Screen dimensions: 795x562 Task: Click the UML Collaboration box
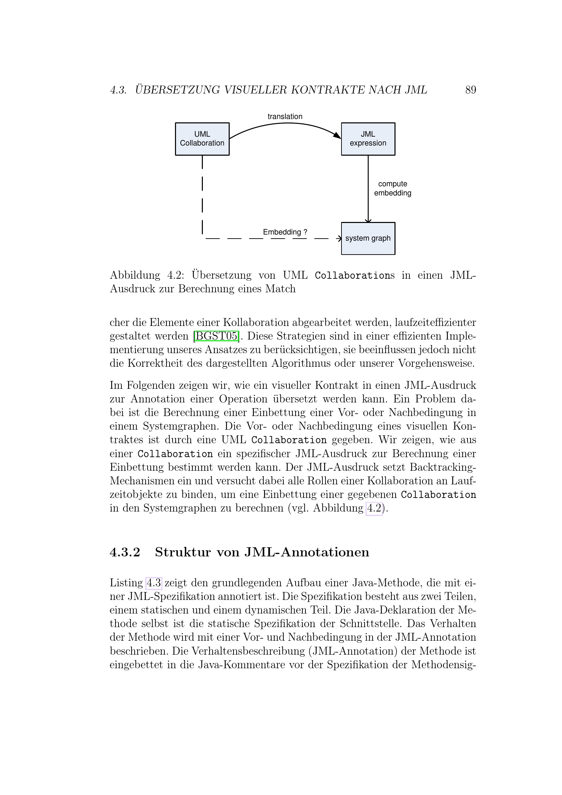point(202,139)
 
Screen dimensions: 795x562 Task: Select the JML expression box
point(368,139)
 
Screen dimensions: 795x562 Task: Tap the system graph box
point(368,238)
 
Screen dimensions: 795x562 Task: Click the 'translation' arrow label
point(285,117)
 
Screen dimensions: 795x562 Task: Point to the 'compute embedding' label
point(392,189)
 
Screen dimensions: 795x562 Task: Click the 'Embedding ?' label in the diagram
point(285,232)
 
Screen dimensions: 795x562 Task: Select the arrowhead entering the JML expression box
point(337,135)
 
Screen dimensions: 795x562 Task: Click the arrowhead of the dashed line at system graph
point(339,239)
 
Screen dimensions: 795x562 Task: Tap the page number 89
point(471,90)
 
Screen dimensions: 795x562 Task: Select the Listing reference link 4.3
point(154,583)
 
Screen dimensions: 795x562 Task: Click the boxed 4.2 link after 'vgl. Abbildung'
point(374,508)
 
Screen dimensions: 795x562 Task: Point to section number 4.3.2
point(125,552)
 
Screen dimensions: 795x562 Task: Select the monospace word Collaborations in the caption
point(354,276)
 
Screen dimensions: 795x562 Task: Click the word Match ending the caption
point(280,289)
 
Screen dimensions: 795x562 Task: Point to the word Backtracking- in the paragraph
point(443,467)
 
